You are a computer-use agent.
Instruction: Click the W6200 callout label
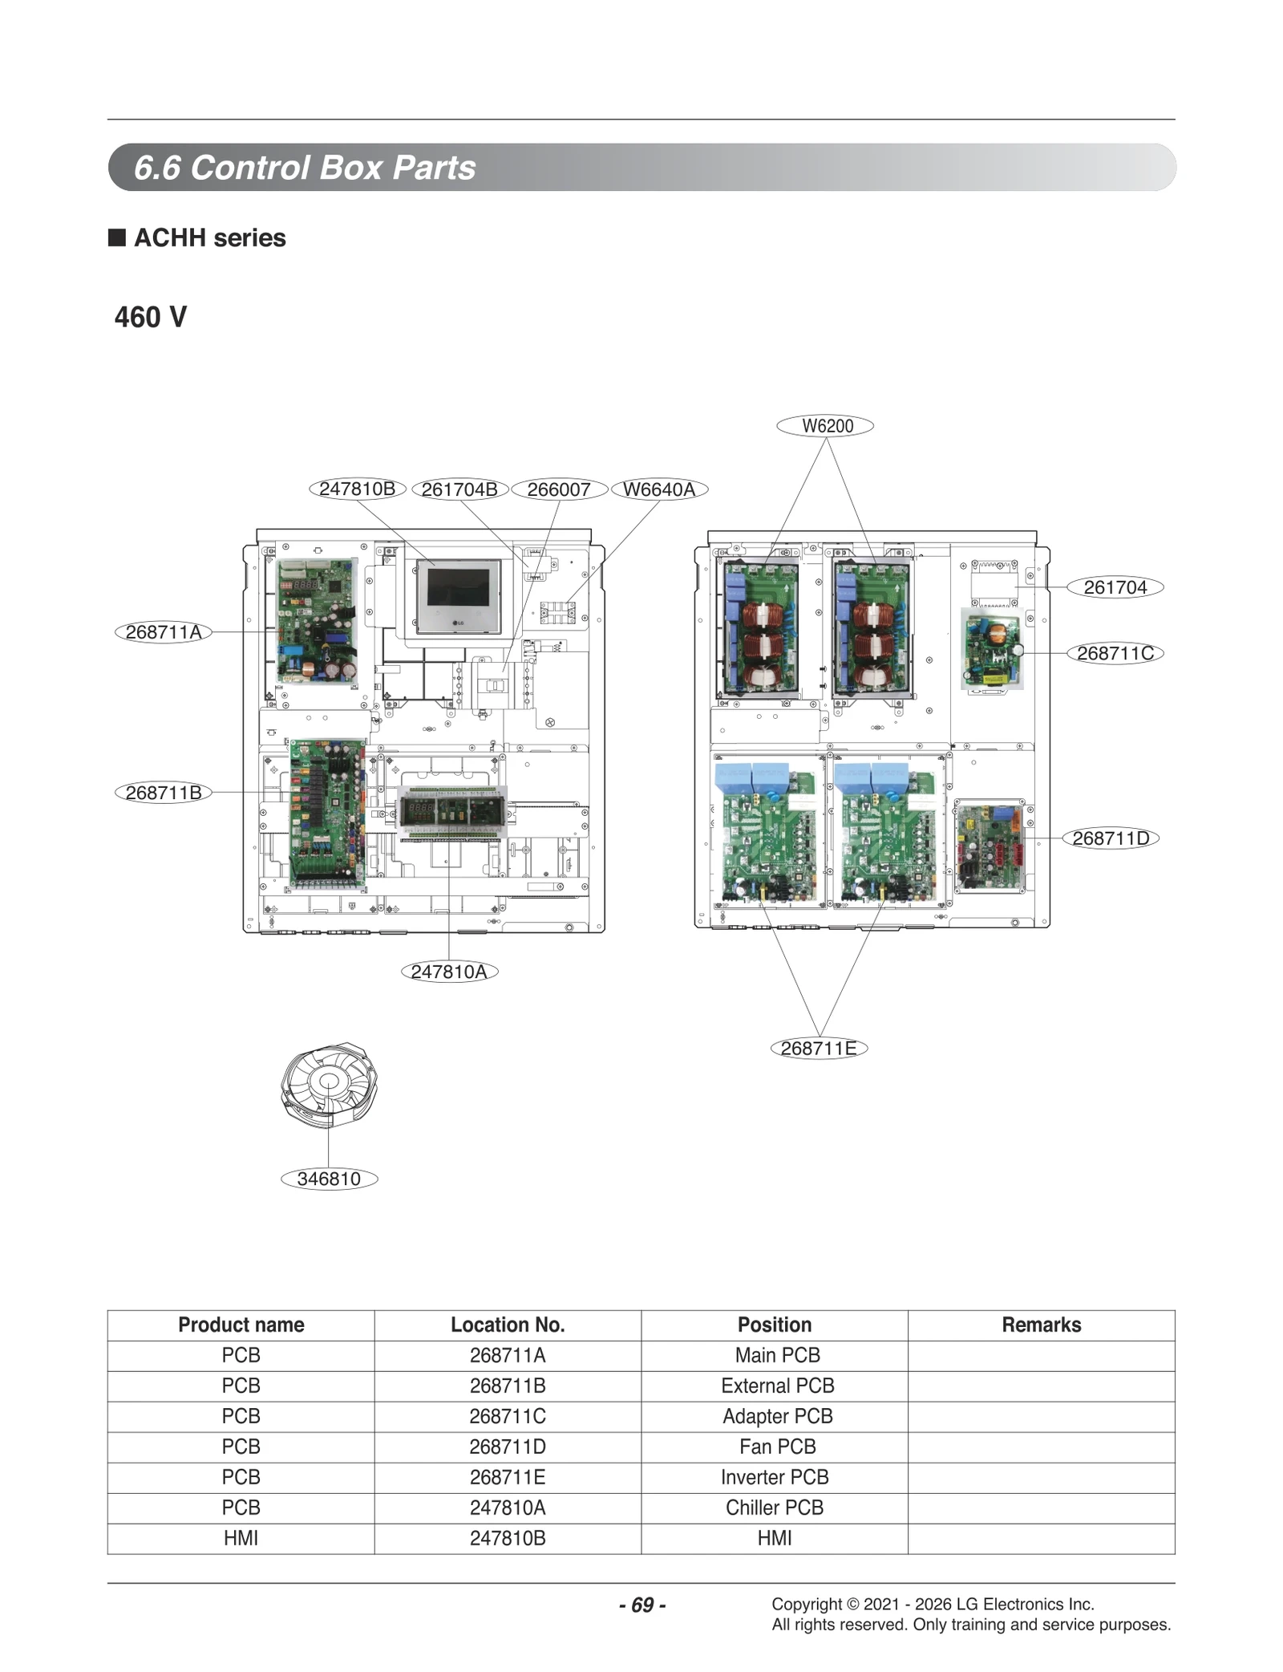(x=824, y=426)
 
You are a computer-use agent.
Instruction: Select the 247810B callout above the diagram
(x=357, y=489)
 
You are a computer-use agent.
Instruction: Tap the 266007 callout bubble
(x=558, y=489)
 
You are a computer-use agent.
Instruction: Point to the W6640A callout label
(x=658, y=489)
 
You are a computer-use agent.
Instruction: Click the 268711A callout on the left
(x=164, y=632)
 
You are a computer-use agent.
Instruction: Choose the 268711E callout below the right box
(x=818, y=1048)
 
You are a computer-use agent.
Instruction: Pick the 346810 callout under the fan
(x=329, y=1179)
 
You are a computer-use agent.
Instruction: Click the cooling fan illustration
(x=329, y=1084)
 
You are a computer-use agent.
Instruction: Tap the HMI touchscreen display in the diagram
(x=458, y=595)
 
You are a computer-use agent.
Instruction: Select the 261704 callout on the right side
(x=1115, y=587)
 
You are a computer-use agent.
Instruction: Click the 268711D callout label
(x=1110, y=838)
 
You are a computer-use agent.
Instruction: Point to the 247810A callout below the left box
(x=449, y=972)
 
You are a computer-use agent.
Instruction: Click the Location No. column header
(x=508, y=1325)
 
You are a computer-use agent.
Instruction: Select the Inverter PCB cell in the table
(x=774, y=1477)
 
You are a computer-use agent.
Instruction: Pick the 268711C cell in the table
(x=508, y=1416)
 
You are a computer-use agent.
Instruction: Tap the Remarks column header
(x=1041, y=1325)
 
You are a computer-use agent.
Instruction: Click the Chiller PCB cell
(x=774, y=1508)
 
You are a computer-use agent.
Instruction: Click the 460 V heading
(x=151, y=317)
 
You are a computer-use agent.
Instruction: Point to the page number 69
(x=642, y=1605)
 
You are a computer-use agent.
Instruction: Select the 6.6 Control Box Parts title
(x=305, y=168)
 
